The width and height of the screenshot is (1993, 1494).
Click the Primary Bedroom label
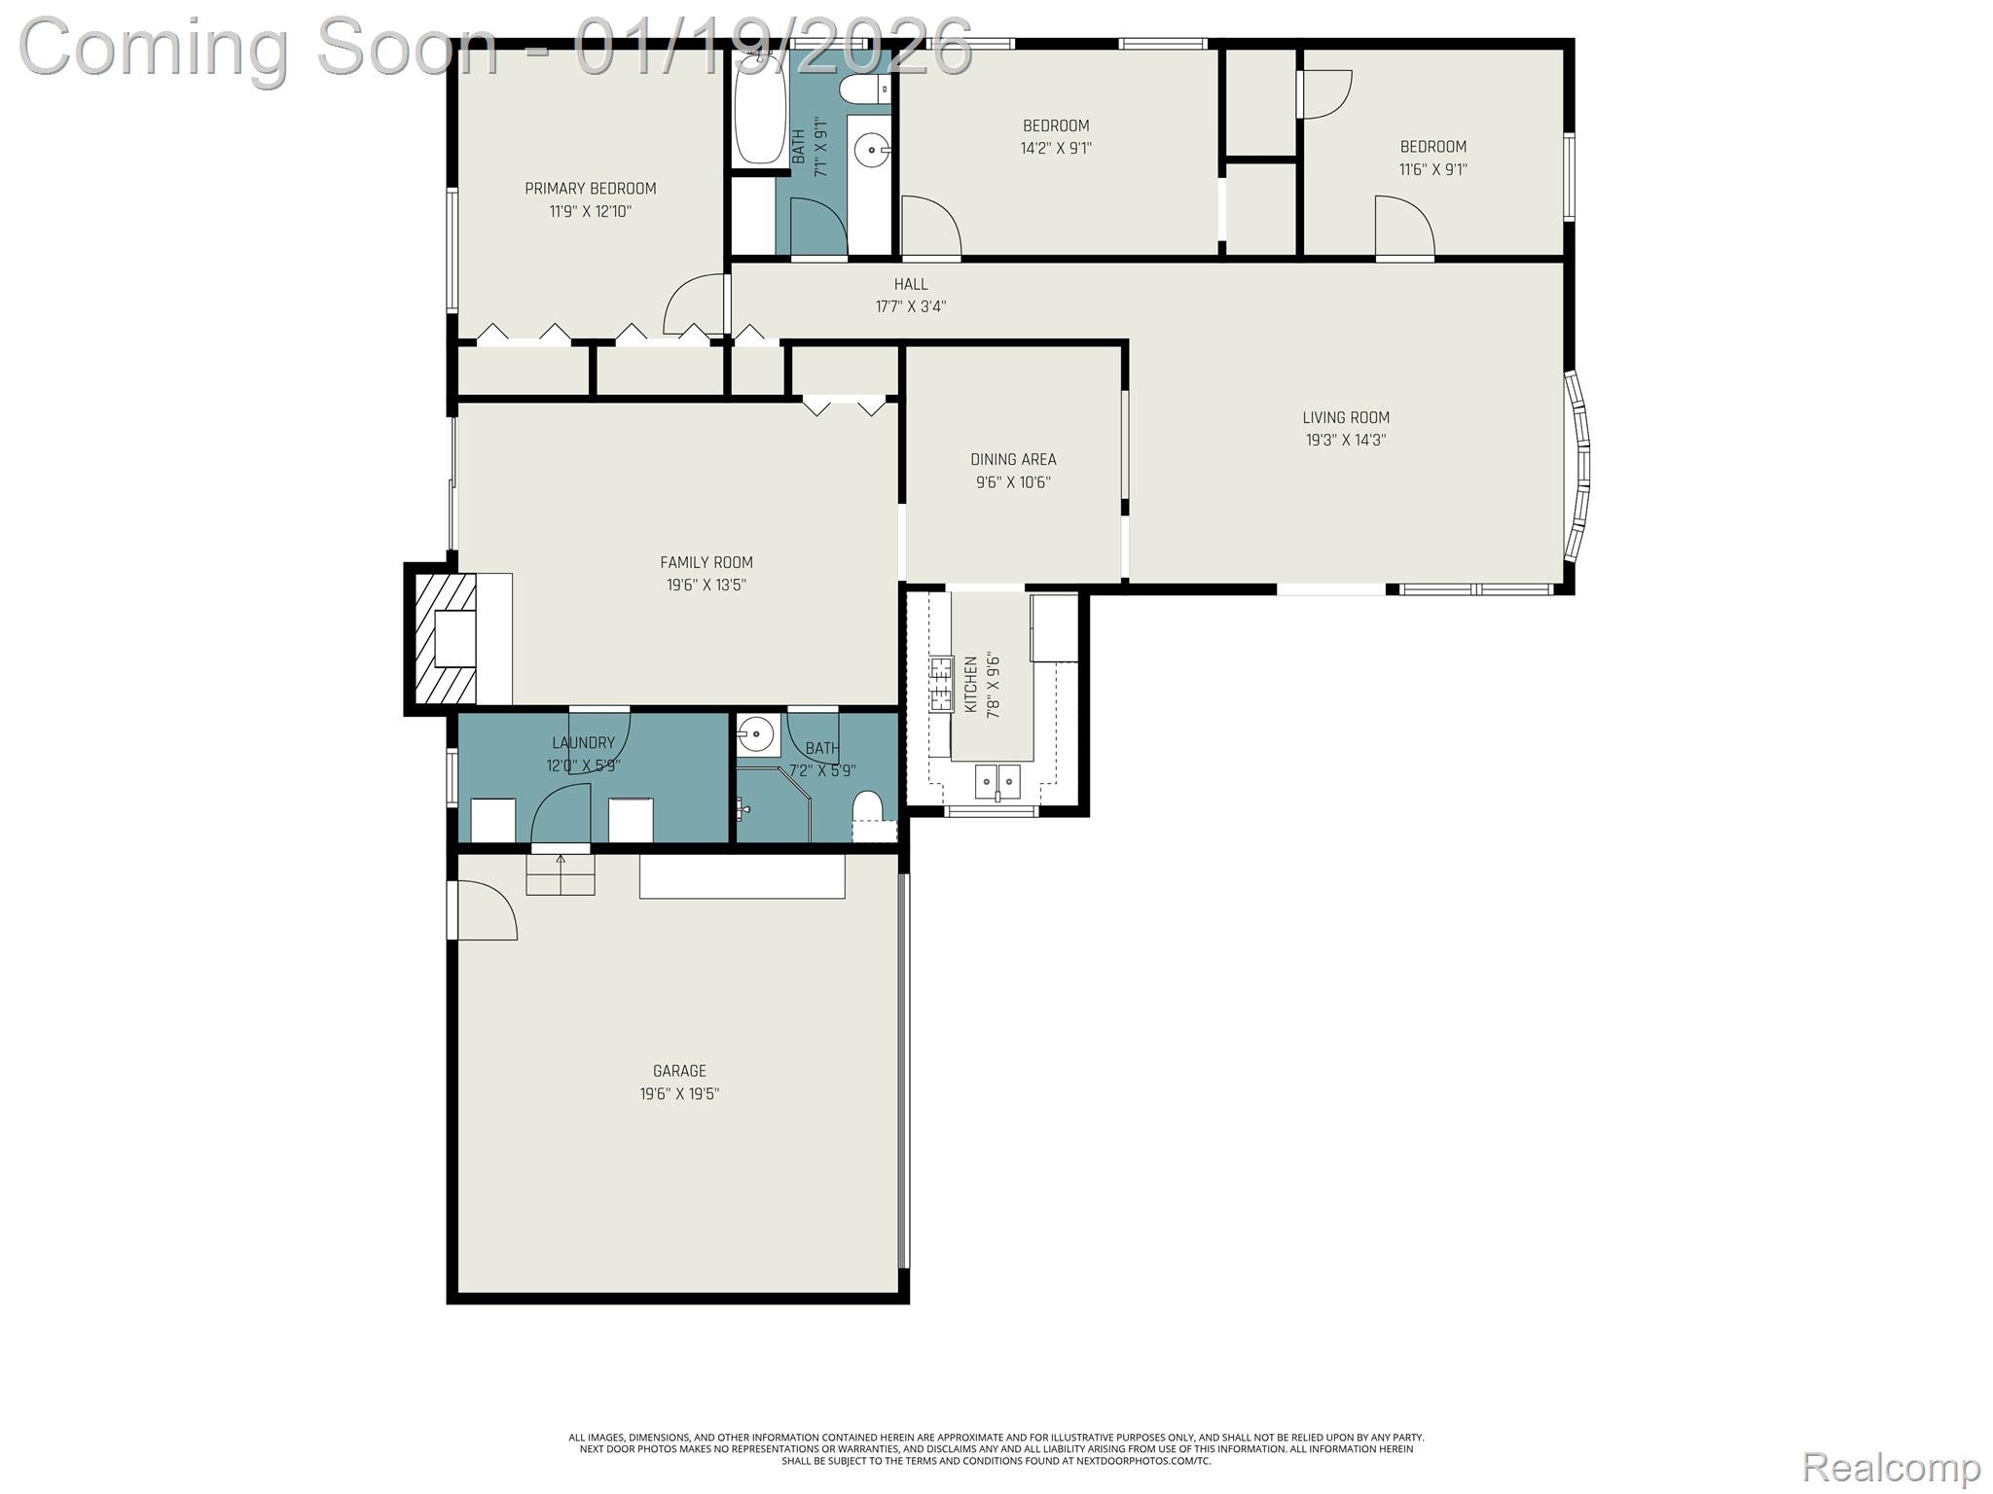(x=591, y=189)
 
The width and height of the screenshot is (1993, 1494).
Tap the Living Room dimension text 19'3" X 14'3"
(x=1346, y=440)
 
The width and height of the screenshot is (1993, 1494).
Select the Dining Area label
(x=1013, y=459)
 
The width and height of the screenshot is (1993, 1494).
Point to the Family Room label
(x=707, y=562)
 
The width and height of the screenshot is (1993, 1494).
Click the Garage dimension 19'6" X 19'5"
(x=679, y=1093)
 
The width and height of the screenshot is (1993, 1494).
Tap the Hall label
(x=911, y=284)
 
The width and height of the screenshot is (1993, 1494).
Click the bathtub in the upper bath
(x=760, y=108)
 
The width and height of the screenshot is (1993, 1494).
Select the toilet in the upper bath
(x=864, y=90)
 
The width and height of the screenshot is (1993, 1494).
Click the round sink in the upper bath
(x=870, y=151)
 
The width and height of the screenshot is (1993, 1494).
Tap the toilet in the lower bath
(x=867, y=807)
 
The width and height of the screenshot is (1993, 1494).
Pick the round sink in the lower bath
(x=755, y=734)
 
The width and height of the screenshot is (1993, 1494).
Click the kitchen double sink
(x=998, y=780)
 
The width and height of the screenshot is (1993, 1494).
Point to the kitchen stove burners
(x=941, y=685)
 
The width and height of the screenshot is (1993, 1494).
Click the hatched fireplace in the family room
(x=446, y=638)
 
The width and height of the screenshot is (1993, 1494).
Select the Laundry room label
(x=584, y=743)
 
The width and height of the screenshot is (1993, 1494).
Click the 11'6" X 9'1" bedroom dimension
(x=1433, y=169)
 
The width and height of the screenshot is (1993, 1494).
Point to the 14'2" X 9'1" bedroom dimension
(x=1056, y=148)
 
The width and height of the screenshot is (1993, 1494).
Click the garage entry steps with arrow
(x=560, y=873)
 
